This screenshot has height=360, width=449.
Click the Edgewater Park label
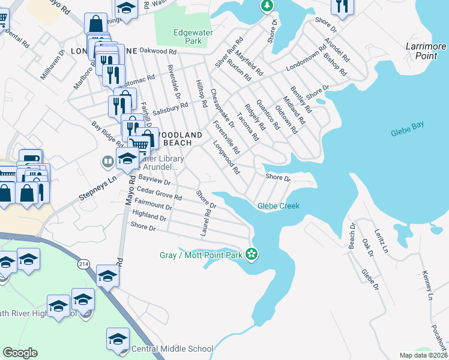[186, 37]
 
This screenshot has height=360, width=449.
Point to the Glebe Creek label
[278, 206]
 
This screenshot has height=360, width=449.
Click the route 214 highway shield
[83, 264]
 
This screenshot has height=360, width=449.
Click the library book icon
[107, 161]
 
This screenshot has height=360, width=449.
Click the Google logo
[20, 353]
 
